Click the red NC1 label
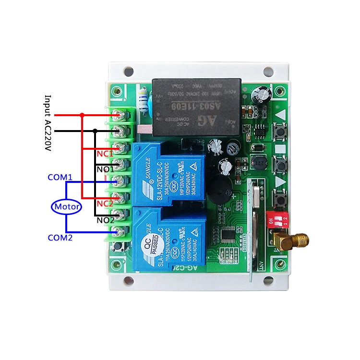tap(105, 154)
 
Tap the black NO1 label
tap(106, 169)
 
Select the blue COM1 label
tap(60, 177)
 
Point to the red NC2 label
tap(105, 203)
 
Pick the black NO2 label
tap(106, 220)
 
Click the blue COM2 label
tap(60, 237)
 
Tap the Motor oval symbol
tap(66, 207)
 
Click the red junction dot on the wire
tap(82, 115)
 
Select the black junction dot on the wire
tap(95, 131)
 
